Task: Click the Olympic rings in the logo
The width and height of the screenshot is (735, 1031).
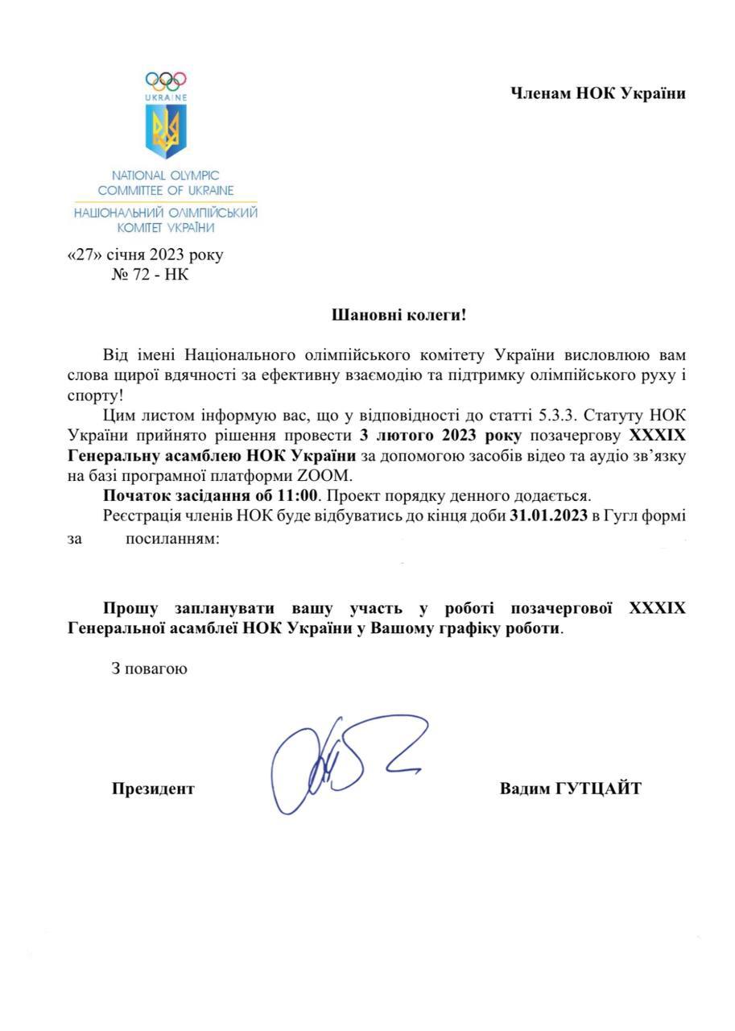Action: click(166, 81)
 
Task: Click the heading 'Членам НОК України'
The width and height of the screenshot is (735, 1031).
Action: click(598, 93)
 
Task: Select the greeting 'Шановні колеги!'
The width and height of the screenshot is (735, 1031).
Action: click(399, 314)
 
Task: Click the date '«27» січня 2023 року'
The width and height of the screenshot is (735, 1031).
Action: click(146, 255)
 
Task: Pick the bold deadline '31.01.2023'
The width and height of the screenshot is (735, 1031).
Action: click(548, 515)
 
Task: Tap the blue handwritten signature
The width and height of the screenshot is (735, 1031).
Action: click(338, 761)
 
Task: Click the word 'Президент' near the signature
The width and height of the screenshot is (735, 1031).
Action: click(153, 789)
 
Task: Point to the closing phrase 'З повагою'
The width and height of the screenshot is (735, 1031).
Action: click(150, 668)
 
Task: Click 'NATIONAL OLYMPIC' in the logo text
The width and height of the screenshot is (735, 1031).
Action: click(165, 175)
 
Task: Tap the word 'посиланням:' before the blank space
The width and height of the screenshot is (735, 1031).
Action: click(171, 538)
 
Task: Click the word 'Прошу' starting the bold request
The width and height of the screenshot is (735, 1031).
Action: click(132, 608)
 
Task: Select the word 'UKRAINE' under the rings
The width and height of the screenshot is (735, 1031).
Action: click(166, 97)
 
